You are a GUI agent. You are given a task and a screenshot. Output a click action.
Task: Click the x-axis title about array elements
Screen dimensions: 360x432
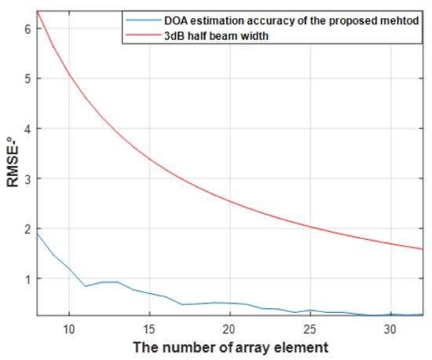pyautogui.click(x=231, y=347)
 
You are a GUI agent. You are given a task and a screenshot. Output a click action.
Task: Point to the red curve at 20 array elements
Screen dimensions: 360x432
pyautogui.click(x=229, y=201)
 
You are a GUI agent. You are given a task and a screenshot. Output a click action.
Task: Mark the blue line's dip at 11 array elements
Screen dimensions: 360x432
pyautogui.click(x=86, y=286)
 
